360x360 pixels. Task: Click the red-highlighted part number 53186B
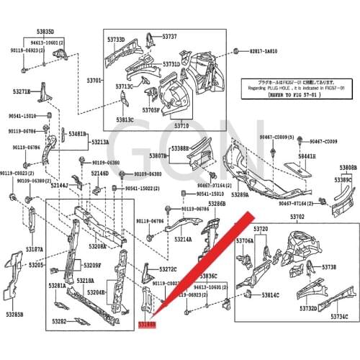(x=147, y=325)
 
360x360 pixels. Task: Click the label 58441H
(x=307, y=156)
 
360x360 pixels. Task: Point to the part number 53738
(x=328, y=267)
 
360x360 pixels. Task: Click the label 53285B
(x=14, y=315)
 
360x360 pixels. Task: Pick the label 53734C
(x=339, y=317)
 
